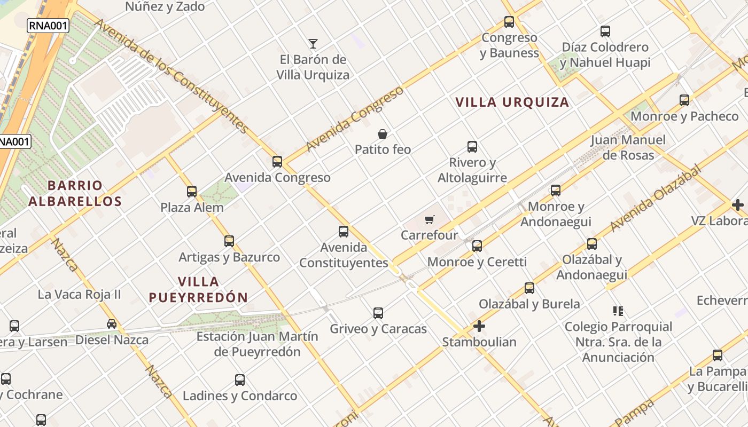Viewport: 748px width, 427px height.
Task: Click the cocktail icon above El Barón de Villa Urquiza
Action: click(313, 44)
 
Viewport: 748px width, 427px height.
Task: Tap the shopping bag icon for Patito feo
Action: click(383, 134)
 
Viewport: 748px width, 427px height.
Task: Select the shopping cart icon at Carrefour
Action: click(430, 219)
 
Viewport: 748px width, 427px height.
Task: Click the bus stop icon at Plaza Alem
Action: click(192, 191)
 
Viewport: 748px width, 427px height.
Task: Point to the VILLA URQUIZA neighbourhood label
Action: click(512, 102)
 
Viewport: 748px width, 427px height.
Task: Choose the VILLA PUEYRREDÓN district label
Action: click(198, 289)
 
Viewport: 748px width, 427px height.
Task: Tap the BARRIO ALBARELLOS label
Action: click(75, 193)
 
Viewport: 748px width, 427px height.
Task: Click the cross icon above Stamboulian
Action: click(479, 326)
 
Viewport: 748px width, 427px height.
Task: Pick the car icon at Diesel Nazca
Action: click(112, 324)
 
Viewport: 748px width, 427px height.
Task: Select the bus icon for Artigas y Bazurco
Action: click(229, 241)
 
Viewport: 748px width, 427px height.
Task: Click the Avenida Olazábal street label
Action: click(655, 198)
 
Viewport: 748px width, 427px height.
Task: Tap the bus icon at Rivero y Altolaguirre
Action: click(472, 147)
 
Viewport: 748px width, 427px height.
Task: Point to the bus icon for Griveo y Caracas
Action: click(378, 313)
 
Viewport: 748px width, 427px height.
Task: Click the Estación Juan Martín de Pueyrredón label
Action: click(257, 344)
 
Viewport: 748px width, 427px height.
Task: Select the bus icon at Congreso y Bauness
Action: click(509, 22)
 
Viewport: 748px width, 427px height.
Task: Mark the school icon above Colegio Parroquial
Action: click(618, 311)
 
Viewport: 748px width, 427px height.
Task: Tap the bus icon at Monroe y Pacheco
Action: click(684, 100)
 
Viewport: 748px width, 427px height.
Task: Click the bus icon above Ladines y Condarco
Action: click(240, 380)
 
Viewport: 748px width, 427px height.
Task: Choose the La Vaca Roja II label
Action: click(80, 294)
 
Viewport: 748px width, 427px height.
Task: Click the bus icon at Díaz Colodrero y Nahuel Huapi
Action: click(605, 31)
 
